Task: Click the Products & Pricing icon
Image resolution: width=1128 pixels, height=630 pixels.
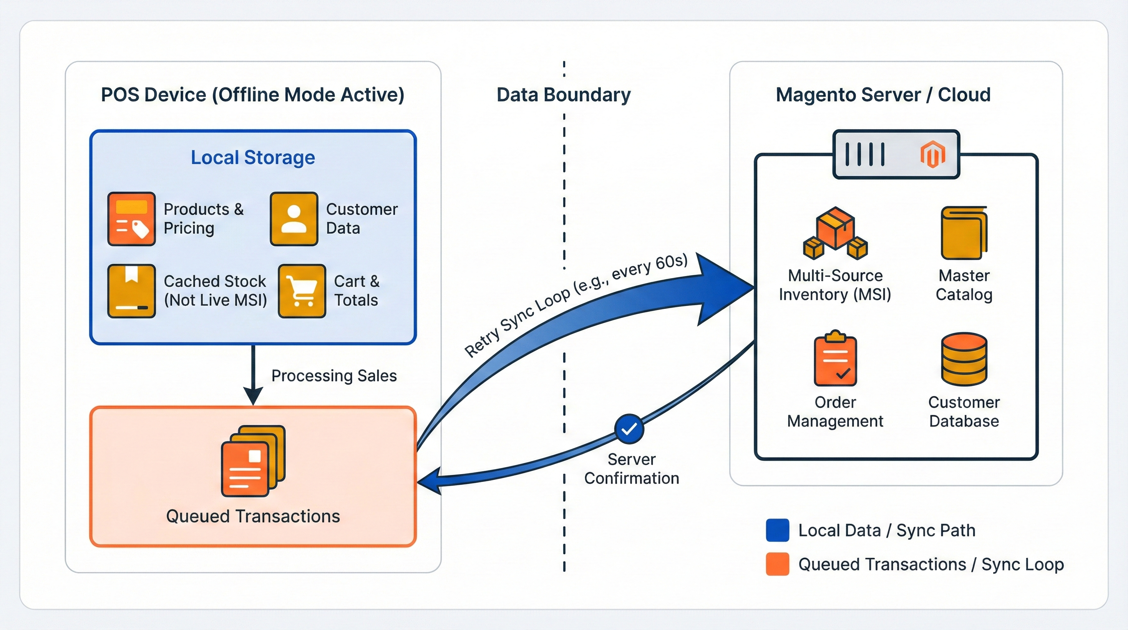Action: click(131, 219)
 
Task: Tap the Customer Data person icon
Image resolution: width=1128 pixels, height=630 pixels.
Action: click(294, 219)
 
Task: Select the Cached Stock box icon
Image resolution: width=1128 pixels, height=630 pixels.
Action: click(131, 290)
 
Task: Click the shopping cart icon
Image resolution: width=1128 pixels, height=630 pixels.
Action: click(302, 290)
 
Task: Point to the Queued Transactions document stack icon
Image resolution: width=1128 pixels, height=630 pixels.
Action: click(253, 461)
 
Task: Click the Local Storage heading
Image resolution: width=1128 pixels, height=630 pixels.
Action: click(252, 157)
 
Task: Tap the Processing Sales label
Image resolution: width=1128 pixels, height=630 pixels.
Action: click(334, 375)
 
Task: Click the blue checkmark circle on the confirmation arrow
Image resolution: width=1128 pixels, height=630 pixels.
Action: click(629, 429)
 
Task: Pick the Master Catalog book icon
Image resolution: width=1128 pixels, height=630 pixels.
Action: click(964, 233)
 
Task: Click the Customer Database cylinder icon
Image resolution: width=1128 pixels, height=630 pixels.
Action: click(964, 359)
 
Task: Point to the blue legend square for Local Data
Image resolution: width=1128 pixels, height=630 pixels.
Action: click(777, 530)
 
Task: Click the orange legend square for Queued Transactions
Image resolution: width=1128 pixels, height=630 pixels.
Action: click(777, 564)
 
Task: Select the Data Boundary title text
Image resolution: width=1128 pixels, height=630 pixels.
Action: click(564, 95)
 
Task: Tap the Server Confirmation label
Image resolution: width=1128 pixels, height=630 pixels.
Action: click(632, 469)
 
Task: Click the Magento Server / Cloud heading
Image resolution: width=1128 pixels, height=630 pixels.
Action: click(883, 95)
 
